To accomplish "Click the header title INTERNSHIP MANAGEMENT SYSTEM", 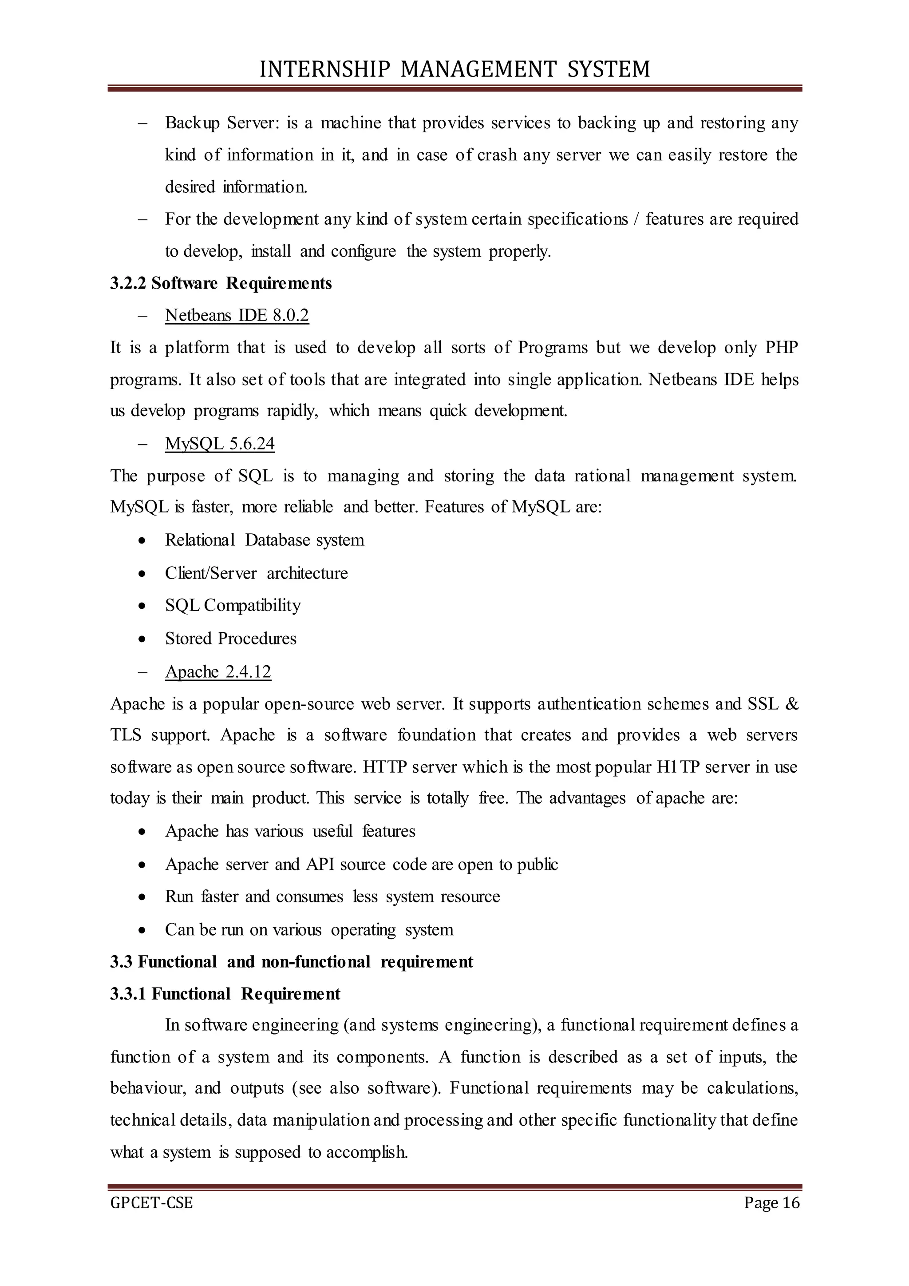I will pyautogui.click(x=454, y=69).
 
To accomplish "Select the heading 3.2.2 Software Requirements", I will pyautogui.click(x=221, y=283).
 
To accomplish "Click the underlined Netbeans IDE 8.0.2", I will pyautogui.click(x=237, y=315).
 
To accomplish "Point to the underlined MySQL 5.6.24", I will pyautogui.click(x=220, y=444).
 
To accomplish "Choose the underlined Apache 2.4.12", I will pyautogui.click(x=218, y=671).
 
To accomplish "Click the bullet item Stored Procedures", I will pyautogui.click(x=231, y=639).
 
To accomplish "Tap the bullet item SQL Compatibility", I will pyautogui.click(x=233, y=605).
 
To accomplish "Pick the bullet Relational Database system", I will pyautogui.click(x=264, y=540).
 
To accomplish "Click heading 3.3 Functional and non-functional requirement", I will pyautogui.click(x=291, y=962).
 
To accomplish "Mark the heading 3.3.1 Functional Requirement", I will pyautogui.click(x=225, y=994).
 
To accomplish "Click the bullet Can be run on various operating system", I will pyautogui.click(x=309, y=930).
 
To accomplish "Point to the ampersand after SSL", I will pyautogui.click(x=791, y=703).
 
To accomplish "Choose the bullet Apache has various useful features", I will pyautogui.click(x=290, y=831).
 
